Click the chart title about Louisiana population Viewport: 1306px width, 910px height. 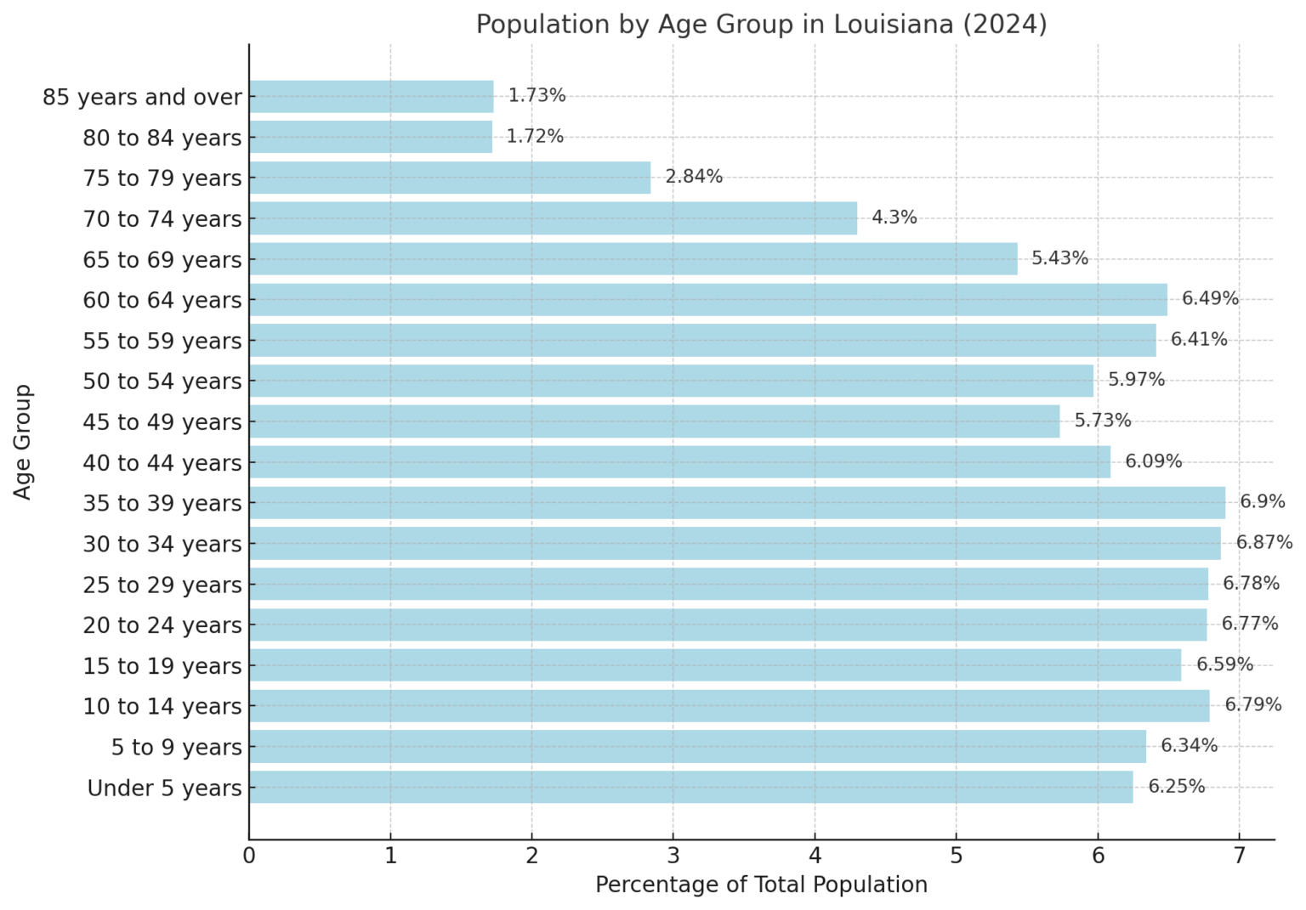(x=761, y=24)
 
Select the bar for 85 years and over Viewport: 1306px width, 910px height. (x=371, y=97)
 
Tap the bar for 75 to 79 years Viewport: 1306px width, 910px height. (x=450, y=178)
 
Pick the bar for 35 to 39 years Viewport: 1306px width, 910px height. (x=736, y=502)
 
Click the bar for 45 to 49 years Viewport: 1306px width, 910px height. (x=654, y=421)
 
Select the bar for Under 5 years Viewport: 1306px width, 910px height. (x=690, y=787)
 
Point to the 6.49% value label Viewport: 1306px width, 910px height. (x=1210, y=299)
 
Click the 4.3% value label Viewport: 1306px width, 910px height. (x=894, y=218)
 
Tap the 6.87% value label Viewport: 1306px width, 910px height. (x=1263, y=542)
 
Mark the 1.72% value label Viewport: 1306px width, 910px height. (x=535, y=137)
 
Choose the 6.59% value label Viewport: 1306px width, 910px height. (x=1224, y=664)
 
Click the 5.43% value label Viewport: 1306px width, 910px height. (x=1059, y=258)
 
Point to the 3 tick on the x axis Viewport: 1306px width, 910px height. (x=673, y=856)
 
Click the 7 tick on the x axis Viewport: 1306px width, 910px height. (x=1239, y=856)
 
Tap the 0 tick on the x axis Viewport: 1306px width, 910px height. (x=249, y=856)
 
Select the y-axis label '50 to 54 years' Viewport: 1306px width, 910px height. (x=162, y=382)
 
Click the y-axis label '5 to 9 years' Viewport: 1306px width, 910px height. (x=177, y=748)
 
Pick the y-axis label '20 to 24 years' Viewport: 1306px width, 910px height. (x=162, y=625)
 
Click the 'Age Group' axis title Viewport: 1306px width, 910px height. (x=23, y=442)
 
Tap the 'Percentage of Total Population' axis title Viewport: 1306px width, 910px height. (x=761, y=885)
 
